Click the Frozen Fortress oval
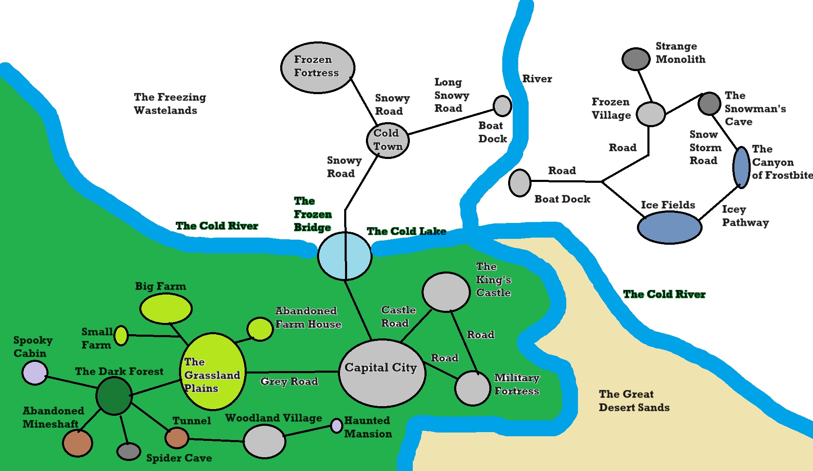[318, 67]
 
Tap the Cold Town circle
[388, 140]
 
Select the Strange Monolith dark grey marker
[636, 59]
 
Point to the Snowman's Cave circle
[709, 103]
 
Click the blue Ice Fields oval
[669, 227]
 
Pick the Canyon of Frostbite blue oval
[741, 167]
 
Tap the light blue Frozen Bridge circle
[345, 256]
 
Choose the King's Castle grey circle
[446, 292]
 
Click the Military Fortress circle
[473, 388]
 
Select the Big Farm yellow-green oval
[166, 309]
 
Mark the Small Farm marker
[121, 335]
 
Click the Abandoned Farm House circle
[260, 329]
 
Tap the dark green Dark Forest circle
[114, 396]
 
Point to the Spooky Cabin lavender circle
[35, 373]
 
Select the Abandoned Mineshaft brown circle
[77, 443]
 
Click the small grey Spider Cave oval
[129, 451]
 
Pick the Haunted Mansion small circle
[337, 426]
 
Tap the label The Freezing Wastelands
[169, 104]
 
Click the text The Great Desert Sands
[634, 401]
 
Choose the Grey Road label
[289, 381]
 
